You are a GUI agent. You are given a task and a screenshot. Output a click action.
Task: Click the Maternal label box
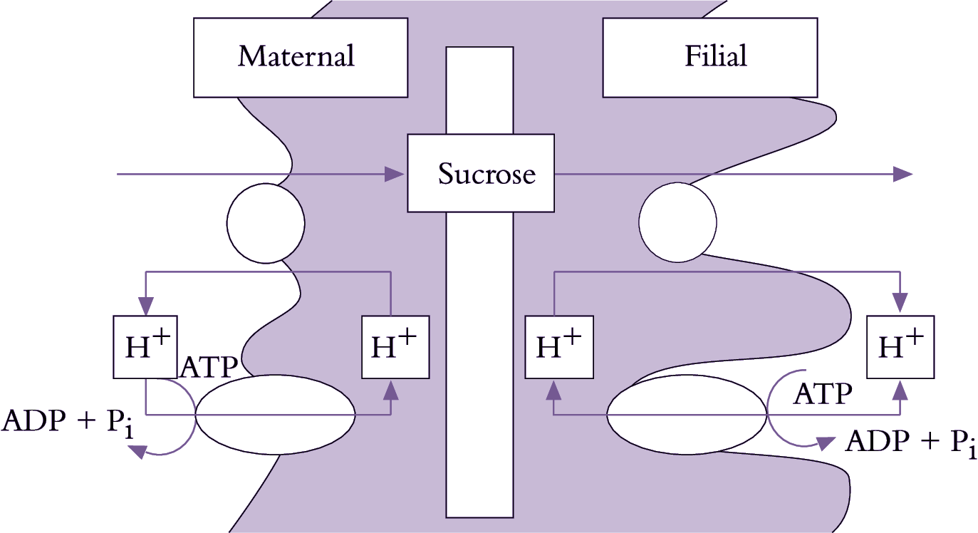point(300,57)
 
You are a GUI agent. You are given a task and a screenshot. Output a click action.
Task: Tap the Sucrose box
point(481,173)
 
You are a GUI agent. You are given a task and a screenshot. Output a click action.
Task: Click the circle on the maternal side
point(266,222)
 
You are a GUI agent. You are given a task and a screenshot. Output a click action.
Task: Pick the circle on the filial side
point(677,222)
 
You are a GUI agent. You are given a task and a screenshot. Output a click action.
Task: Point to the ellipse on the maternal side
point(275,414)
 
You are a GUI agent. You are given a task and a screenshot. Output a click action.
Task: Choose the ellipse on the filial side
point(687,414)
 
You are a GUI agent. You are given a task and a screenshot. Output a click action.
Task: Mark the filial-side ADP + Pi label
point(910,443)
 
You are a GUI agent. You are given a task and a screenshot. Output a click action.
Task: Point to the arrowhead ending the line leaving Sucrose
point(902,173)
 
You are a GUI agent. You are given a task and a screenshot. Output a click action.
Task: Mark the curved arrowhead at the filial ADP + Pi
point(826,443)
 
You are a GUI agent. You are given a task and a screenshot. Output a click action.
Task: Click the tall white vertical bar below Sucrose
point(479,363)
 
